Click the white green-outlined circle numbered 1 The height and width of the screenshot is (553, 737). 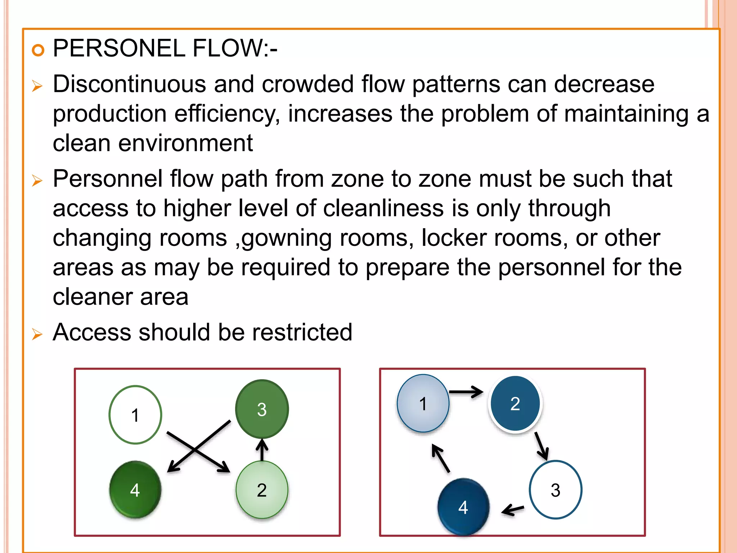pos(135,415)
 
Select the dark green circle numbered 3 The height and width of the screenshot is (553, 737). pos(262,409)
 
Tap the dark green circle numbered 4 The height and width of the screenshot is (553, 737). pos(135,490)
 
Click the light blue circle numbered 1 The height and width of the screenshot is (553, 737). pos(423,403)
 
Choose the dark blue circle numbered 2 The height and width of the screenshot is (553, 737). pos(515,403)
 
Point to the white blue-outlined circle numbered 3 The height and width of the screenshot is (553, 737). pos(555,490)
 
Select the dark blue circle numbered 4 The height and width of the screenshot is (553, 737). pos(463,507)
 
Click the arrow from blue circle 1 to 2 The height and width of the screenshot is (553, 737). pos(466,392)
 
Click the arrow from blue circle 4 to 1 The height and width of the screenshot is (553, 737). pos(441,458)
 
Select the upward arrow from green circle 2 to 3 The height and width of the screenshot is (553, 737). pos(262,450)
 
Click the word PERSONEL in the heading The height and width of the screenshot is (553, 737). pos(119,48)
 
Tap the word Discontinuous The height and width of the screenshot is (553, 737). pos(129,84)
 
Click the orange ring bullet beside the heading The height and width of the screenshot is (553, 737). pos(38,50)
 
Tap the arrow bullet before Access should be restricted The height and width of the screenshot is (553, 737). pos(37,334)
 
